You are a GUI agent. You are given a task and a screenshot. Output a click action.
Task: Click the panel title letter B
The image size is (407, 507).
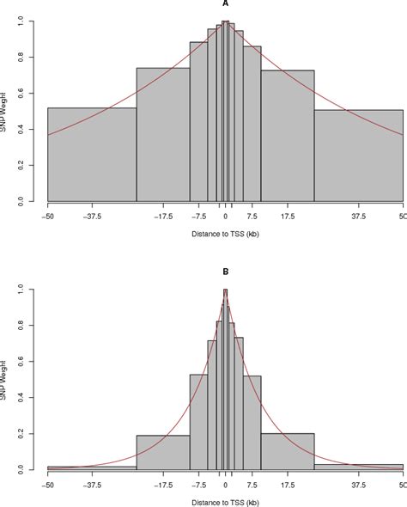[x=225, y=272]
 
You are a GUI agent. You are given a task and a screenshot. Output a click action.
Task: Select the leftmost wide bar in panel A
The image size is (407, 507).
[x=92, y=155]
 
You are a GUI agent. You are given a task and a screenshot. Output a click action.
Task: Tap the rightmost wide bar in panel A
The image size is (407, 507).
[x=359, y=156]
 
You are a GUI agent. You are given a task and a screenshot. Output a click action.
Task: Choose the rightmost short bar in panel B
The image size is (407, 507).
[x=359, y=467]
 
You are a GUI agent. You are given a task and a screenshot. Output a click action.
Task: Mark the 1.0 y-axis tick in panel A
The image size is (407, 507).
[x=32, y=21]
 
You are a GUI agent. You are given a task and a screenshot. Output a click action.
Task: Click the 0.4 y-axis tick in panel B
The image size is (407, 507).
[x=32, y=399]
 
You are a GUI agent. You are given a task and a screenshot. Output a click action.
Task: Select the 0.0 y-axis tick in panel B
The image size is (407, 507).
[x=32, y=470]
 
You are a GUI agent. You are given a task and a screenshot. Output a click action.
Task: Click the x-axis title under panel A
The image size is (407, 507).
[x=225, y=235]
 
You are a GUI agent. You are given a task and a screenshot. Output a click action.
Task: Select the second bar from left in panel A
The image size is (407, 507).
[x=163, y=135]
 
